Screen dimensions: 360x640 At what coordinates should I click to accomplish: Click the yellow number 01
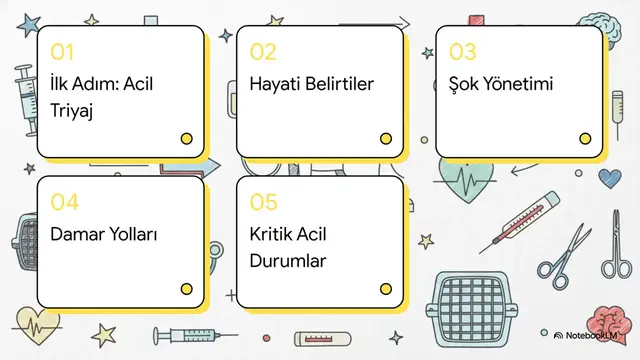tap(62, 52)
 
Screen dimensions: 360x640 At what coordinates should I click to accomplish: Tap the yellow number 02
tap(263, 52)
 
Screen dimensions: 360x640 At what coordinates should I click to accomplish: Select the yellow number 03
tap(462, 52)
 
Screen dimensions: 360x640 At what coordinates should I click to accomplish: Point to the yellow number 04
tap(64, 203)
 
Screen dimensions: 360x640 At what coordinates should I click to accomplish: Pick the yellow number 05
tap(263, 203)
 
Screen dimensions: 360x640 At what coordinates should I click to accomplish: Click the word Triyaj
tap(71, 110)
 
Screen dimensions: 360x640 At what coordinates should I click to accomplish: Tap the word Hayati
tap(274, 84)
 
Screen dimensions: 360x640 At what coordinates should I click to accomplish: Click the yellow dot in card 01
tap(186, 139)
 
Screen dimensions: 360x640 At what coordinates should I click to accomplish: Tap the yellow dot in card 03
tap(585, 139)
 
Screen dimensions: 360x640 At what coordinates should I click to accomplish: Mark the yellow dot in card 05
tap(386, 289)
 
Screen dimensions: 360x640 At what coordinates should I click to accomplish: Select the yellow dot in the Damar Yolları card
tap(186, 289)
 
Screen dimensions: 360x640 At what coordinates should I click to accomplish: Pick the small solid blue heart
tap(609, 178)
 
